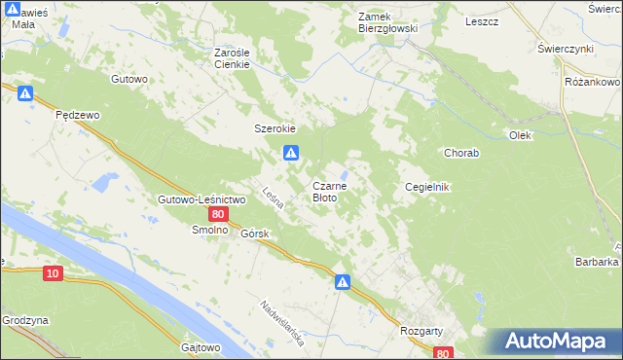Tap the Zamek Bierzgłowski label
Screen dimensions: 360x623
point(387,23)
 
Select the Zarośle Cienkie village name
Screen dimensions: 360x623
point(234,58)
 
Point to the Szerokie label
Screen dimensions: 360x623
point(275,128)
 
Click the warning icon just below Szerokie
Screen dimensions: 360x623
point(290,153)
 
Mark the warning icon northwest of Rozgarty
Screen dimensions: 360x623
point(343,282)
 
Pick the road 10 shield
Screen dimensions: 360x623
point(53,275)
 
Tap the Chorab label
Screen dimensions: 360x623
point(459,153)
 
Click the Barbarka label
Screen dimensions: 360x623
point(597,262)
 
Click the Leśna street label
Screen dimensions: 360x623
point(273,198)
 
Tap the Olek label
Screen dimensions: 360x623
point(520,135)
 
